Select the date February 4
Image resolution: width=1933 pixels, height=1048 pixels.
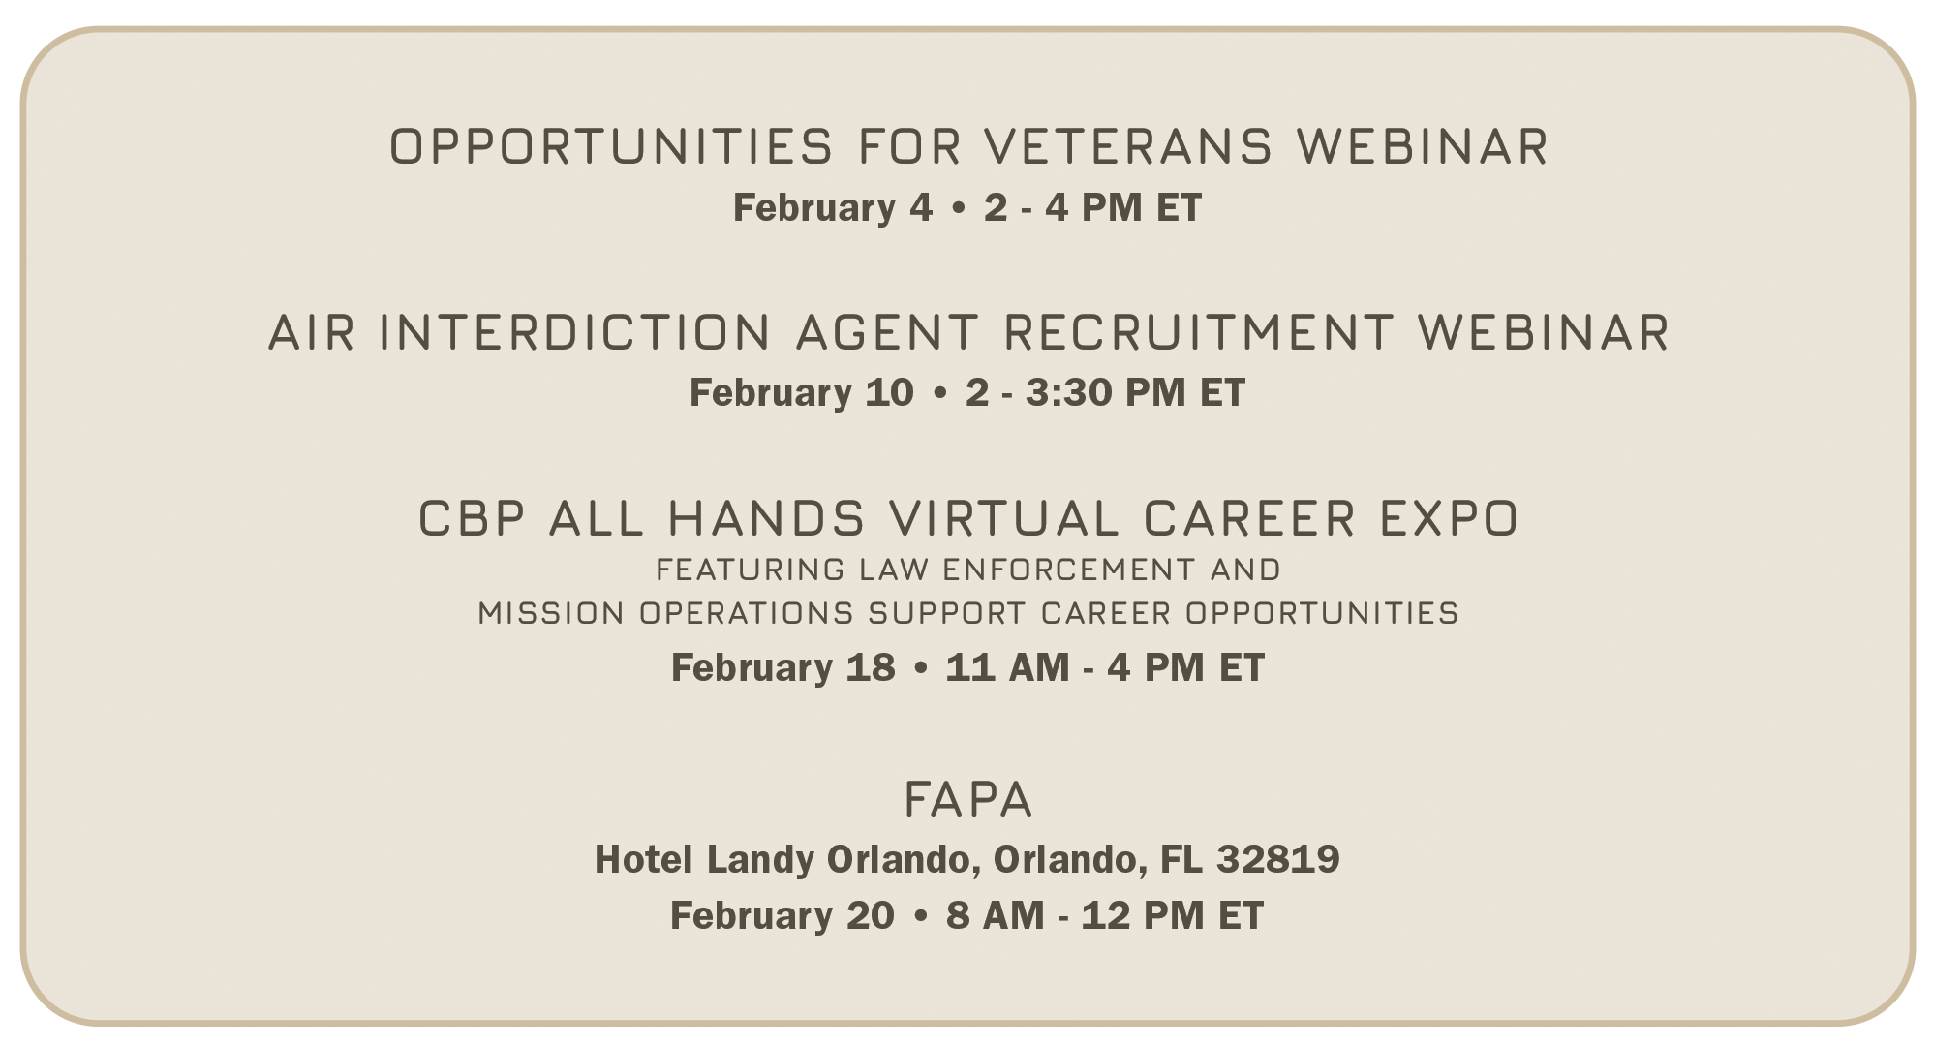(832, 207)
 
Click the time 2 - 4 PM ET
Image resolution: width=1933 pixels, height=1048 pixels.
(1092, 207)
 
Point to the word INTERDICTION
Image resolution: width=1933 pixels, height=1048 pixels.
(574, 332)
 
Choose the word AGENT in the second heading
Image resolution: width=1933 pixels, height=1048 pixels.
(887, 332)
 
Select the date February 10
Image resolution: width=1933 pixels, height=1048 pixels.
(801, 392)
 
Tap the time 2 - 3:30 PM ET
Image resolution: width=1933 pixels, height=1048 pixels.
(1105, 392)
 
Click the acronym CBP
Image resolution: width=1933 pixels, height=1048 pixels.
(472, 518)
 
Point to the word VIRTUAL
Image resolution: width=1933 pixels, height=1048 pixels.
(1004, 518)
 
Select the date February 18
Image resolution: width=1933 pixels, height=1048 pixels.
(782, 667)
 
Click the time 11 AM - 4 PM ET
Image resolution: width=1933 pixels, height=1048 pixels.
(1105, 667)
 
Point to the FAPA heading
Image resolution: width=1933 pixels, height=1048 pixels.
(967, 800)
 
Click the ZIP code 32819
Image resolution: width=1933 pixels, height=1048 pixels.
(1278, 859)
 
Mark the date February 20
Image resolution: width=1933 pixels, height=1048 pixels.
(782, 915)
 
